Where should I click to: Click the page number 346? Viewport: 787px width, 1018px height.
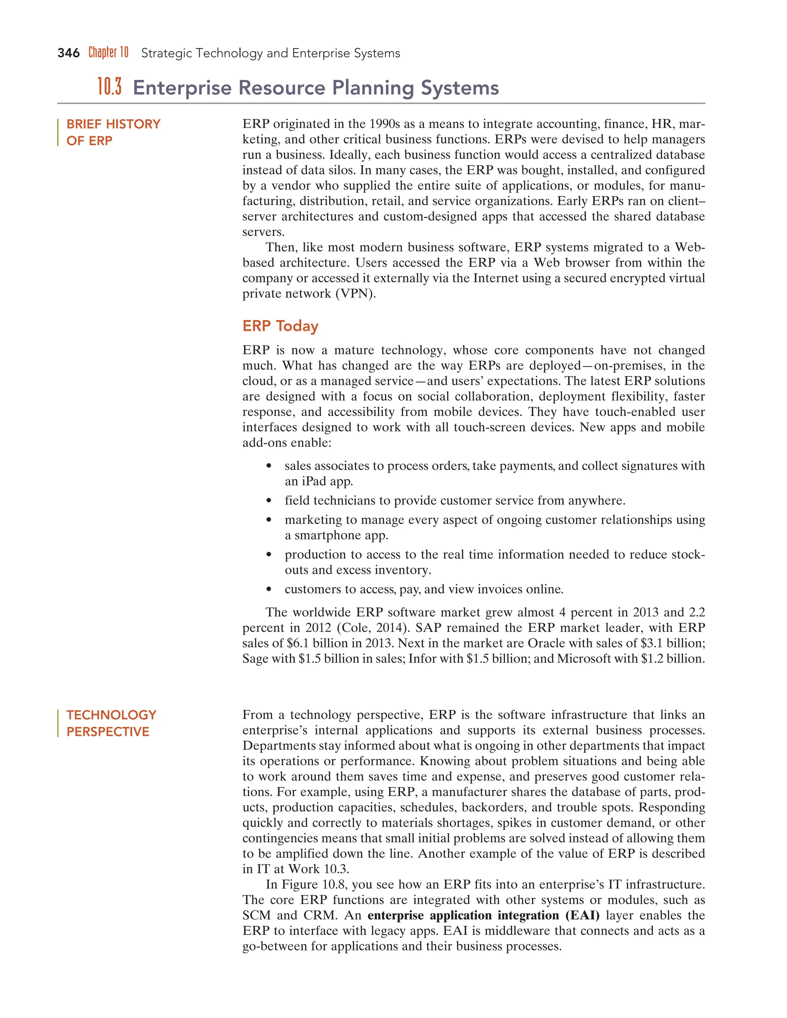pos(68,53)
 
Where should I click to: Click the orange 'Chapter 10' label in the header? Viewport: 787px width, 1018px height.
pos(108,52)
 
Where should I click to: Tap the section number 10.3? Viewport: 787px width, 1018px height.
pos(110,87)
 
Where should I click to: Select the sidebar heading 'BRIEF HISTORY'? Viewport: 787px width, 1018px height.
pos(113,124)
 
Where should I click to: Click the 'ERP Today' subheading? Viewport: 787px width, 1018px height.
pos(280,326)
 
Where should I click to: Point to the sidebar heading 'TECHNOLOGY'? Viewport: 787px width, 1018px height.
pos(111,715)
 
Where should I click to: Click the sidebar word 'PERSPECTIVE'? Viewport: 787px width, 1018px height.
pos(108,731)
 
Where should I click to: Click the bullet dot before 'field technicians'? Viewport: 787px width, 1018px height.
pos(269,501)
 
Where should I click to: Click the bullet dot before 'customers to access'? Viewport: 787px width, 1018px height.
pos(269,589)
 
